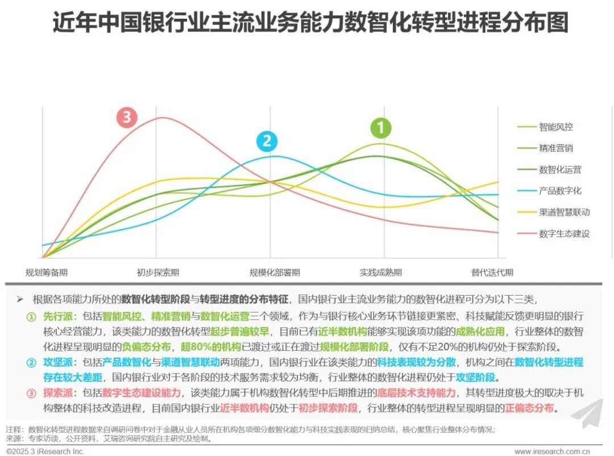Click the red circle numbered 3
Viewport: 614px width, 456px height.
[127, 118]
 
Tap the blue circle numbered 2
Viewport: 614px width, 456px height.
[266, 142]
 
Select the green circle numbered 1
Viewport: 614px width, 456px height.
[381, 128]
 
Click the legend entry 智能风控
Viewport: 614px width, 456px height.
[555, 127]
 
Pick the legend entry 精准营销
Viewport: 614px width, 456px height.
[555, 148]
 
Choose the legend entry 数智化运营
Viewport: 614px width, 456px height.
[559, 169]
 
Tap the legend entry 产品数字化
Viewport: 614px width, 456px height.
[559, 191]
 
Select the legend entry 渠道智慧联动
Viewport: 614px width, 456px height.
[564, 212]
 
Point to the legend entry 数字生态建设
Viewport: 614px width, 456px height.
[564, 234]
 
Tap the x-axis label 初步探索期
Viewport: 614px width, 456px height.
[157, 272]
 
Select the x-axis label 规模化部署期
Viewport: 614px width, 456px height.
[275, 272]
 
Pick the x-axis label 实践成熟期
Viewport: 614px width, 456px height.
[380, 272]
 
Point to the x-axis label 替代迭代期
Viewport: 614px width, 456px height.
[492, 272]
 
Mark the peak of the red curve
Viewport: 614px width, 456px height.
[163, 118]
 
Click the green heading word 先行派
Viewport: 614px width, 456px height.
[56, 316]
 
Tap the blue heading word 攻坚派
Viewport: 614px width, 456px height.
[56, 362]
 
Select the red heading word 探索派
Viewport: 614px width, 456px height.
[56, 393]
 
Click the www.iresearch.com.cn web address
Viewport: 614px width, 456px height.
[551, 451]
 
